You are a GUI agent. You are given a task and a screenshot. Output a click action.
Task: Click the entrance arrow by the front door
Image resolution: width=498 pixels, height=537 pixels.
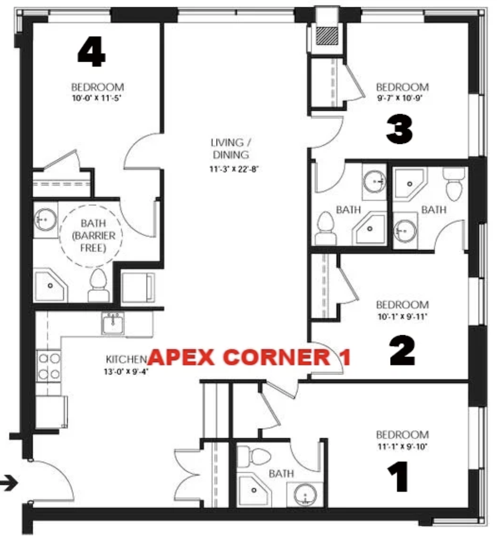click(9, 484)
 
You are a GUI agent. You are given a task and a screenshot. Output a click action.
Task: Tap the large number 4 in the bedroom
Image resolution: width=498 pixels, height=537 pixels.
click(91, 52)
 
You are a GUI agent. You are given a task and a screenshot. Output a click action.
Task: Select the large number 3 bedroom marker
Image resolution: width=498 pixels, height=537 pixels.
click(399, 130)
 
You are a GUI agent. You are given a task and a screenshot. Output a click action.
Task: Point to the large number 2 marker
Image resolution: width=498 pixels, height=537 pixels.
click(403, 350)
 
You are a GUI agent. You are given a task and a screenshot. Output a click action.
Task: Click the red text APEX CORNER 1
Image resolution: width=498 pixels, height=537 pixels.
click(249, 357)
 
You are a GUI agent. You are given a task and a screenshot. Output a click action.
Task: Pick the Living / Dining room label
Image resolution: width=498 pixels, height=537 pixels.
click(231, 148)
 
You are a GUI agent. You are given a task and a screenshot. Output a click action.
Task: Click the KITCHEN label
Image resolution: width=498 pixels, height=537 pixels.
click(126, 359)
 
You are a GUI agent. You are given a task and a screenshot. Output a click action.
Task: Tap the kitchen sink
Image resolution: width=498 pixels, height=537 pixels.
click(113, 322)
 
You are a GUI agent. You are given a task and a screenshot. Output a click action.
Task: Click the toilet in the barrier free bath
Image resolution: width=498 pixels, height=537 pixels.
click(98, 285)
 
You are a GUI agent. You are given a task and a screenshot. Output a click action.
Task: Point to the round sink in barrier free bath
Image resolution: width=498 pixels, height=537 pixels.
click(45, 220)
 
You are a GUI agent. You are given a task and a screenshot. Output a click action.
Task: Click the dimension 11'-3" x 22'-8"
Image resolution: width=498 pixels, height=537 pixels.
click(234, 169)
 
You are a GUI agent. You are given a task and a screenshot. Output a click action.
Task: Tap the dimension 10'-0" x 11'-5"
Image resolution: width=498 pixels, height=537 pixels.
click(97, 98)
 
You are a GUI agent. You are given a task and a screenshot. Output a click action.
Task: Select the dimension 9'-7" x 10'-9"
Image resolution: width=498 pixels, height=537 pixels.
click(400, 98)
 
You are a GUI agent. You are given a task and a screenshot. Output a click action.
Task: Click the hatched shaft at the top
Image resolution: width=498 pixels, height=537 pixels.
click(327, 36)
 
